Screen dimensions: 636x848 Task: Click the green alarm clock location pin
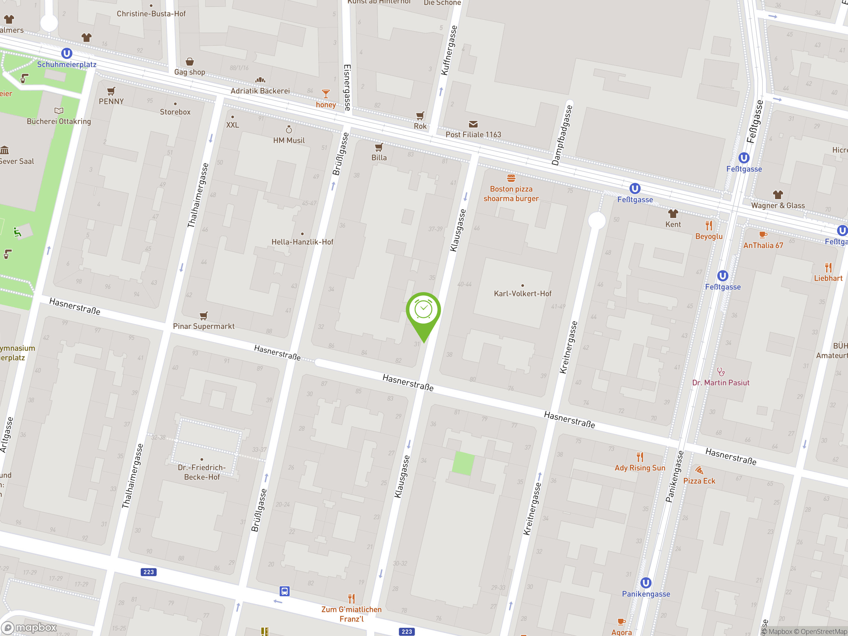click(423, 310)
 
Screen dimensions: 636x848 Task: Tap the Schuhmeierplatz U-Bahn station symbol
click(67, 53)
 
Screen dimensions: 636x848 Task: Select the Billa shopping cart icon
click(379, 147)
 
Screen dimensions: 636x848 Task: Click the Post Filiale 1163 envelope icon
click(473, 124)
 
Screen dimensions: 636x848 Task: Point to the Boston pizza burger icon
click(511, 178)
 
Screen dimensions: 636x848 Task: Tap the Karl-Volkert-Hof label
click(522, 294)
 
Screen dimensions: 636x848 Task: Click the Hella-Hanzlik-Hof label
click(302, 242)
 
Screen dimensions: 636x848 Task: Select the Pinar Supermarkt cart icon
click(204, 316)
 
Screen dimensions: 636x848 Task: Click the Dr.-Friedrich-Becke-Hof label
click(202, 472)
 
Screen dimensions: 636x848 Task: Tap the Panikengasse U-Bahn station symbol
click(646, 583)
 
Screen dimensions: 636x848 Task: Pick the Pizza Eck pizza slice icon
click(699, 470)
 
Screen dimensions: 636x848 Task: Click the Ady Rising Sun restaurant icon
click(640, 457)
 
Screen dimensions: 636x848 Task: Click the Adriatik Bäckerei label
click(260, 91)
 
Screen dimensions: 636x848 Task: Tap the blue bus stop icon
click(285, 591)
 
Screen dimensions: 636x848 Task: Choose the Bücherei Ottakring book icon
click(59, 111)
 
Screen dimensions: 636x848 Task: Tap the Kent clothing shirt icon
click(673, 214)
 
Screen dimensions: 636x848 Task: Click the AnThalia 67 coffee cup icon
click(763, 235)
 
